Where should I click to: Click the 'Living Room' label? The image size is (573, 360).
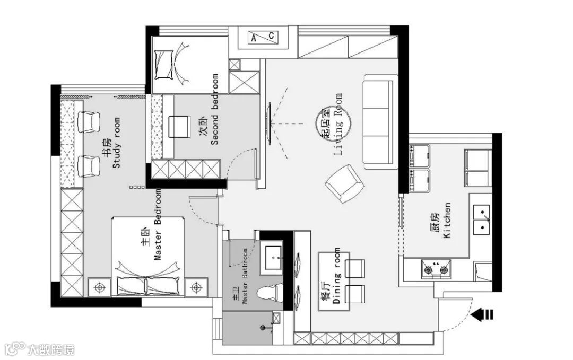[338, 124]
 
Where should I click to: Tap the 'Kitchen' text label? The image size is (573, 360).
[447, 221]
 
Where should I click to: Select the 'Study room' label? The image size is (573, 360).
[116, 143]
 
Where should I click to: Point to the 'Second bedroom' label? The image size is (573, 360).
[214, 110]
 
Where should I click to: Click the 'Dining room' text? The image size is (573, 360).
[336, 276]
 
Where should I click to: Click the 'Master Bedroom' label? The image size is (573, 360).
[158, 225]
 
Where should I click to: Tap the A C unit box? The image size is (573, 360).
[263, 37]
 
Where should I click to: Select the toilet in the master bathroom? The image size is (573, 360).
[270, 294]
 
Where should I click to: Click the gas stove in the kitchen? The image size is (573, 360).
[436, 269]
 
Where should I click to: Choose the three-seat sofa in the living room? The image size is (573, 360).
[380, 122]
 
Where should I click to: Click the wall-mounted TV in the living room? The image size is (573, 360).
[270, 124]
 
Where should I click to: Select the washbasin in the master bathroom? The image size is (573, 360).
[272, 257]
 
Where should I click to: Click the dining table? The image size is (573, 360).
[334, 282]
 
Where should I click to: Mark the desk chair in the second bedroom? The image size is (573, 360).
[179, 127]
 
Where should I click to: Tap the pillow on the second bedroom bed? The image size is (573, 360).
[164, 65]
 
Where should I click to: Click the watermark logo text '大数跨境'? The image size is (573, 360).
[51, 349]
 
